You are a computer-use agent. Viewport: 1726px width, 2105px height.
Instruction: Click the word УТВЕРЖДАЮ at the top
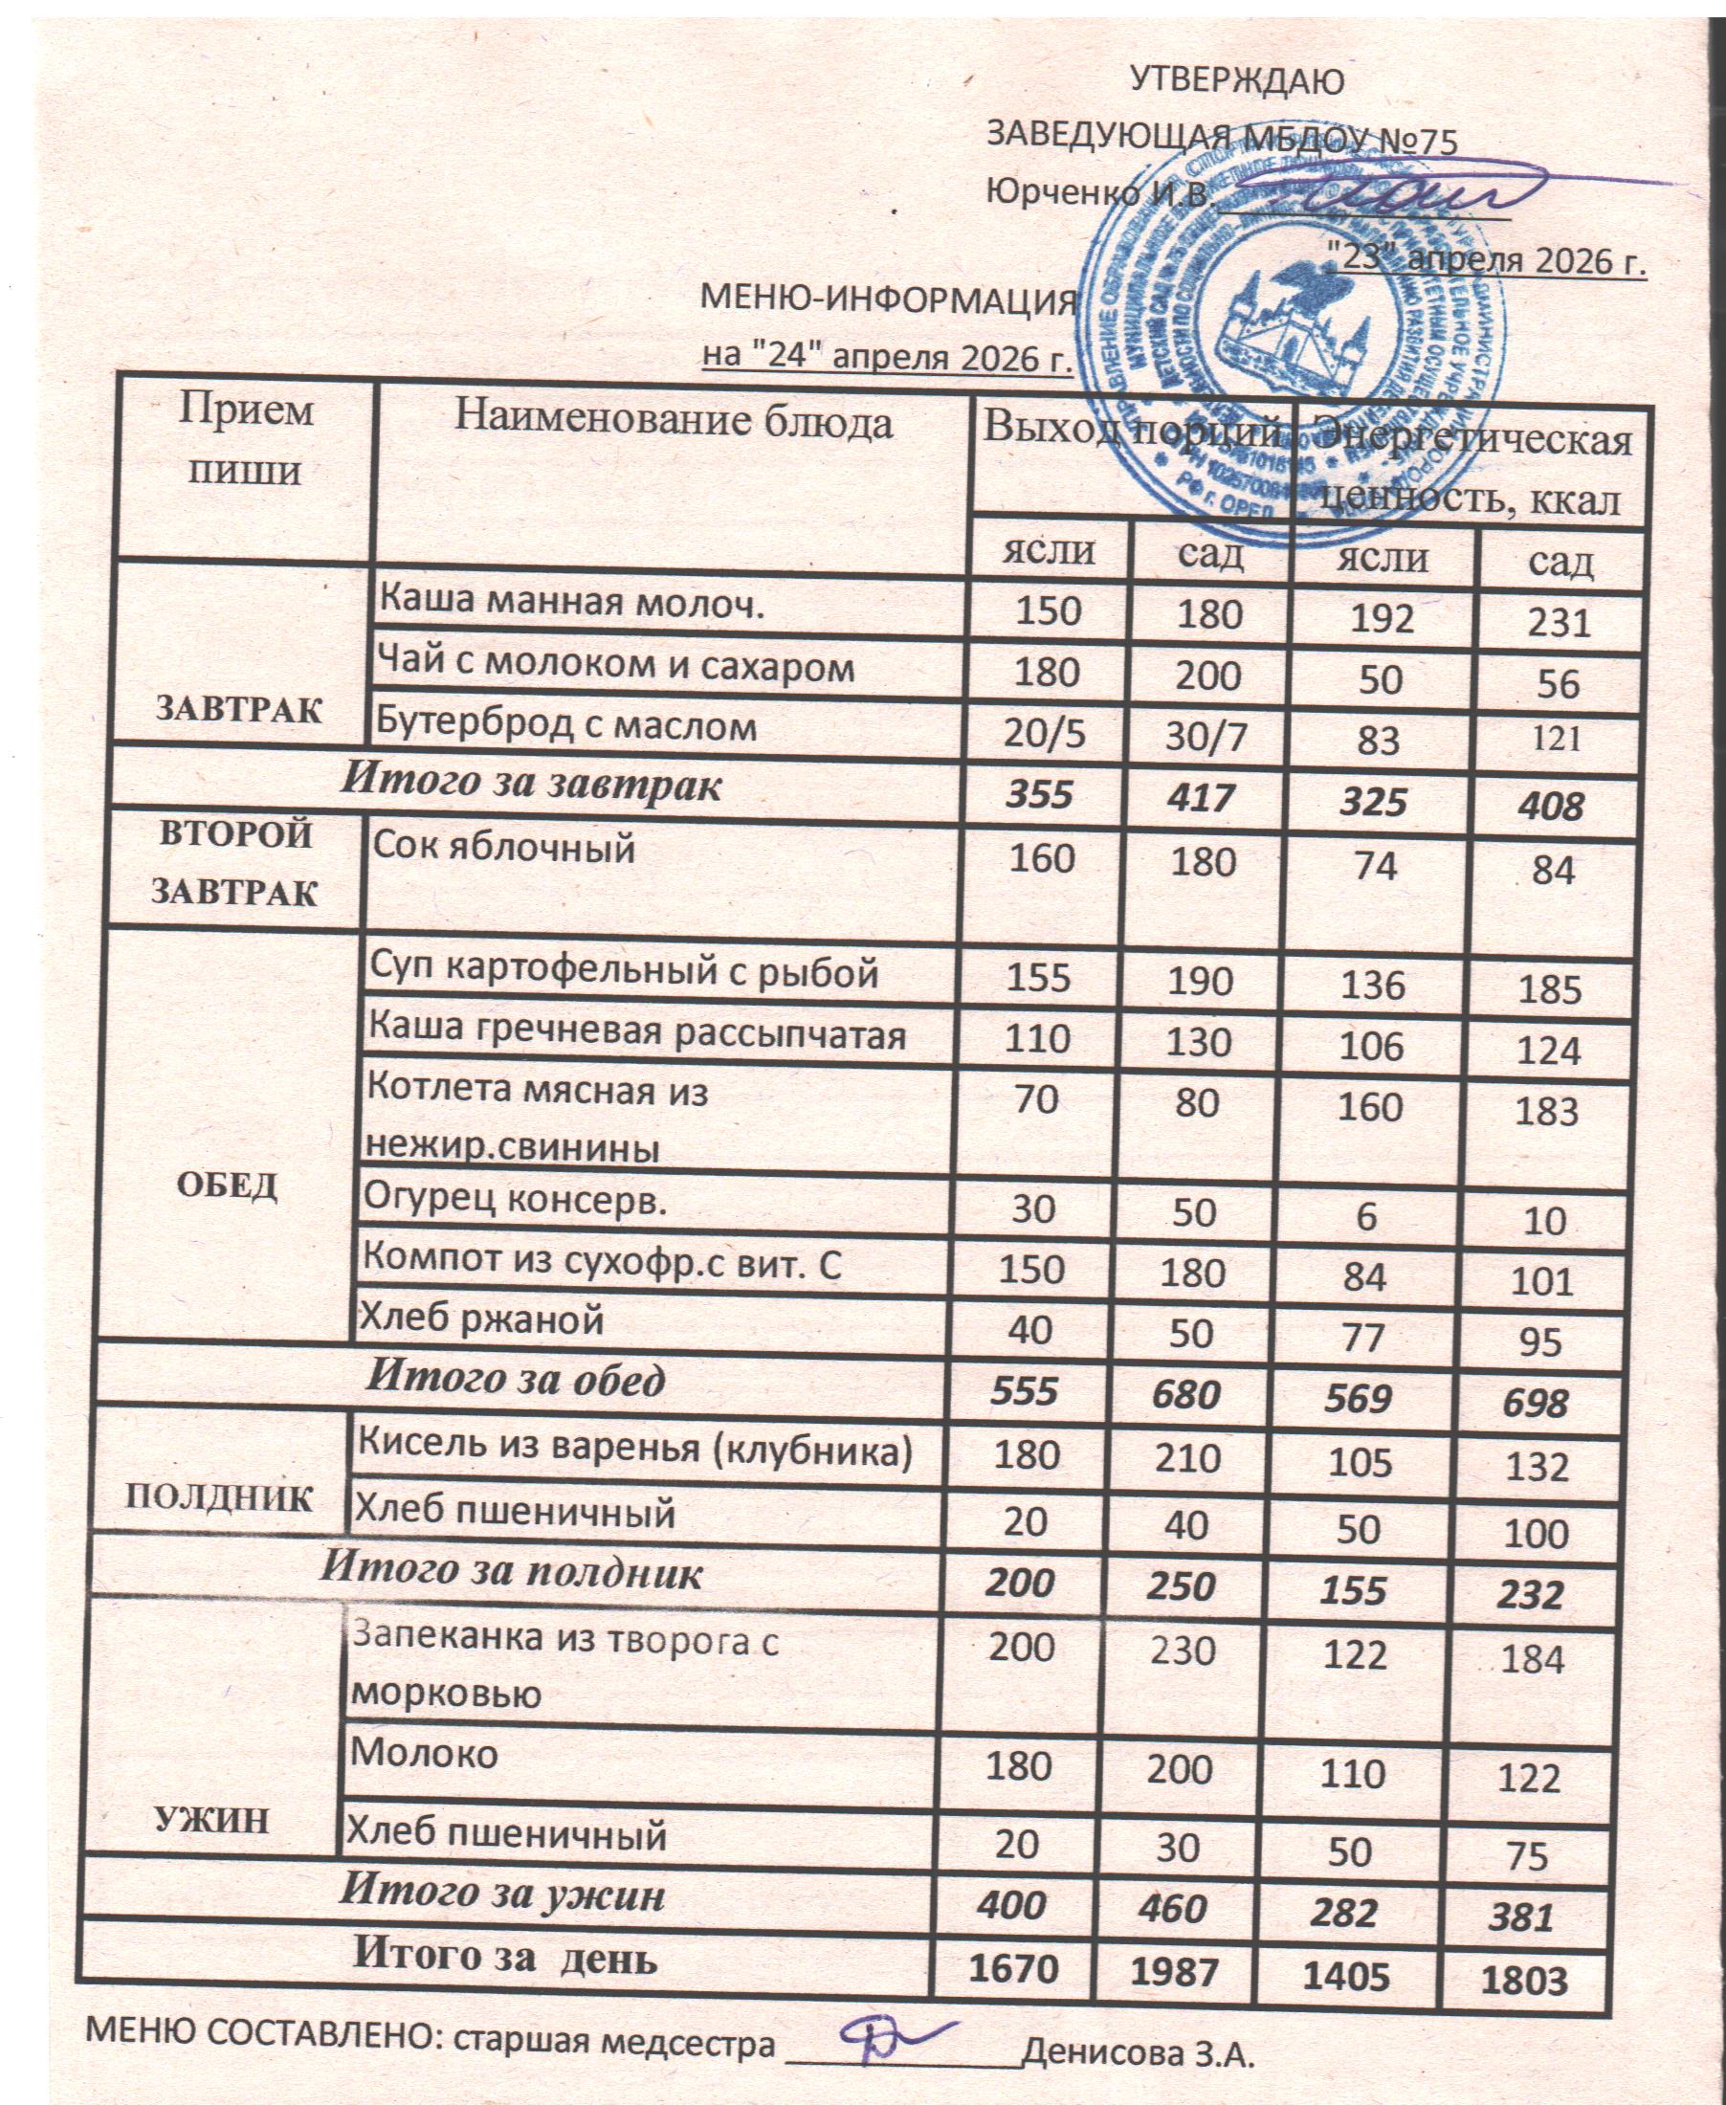coord(1237,80)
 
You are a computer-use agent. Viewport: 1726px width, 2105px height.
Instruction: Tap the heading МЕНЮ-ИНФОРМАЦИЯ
coord(888,299)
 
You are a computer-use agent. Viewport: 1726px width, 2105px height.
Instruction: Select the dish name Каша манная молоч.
coord(573,603)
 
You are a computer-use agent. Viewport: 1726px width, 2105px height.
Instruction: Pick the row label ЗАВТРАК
coord(239,709)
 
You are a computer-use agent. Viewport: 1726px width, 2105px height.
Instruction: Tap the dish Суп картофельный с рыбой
coord(624,970)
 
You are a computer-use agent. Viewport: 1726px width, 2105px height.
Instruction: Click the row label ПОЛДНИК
coord(219,1497)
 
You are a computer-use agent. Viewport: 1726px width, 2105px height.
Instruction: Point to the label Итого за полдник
coord(511,1571)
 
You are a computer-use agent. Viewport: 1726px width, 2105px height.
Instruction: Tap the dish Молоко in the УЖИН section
coord(425,1752)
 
